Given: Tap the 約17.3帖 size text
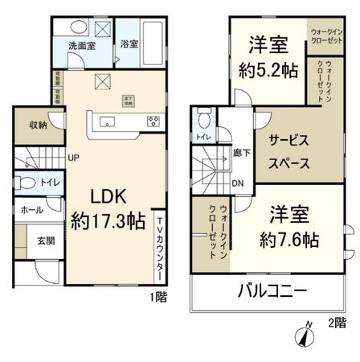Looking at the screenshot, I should (x=106, y=220).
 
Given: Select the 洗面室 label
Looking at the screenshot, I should (x=82, y=45).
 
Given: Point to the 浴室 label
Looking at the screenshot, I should (x=128, y=44).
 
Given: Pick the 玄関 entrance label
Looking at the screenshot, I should (x=45, y=240).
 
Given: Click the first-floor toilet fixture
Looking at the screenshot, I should (x=26, y=183).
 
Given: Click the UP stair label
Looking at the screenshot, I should (x=72, y=158).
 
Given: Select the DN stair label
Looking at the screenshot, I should (x=239, y=183).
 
